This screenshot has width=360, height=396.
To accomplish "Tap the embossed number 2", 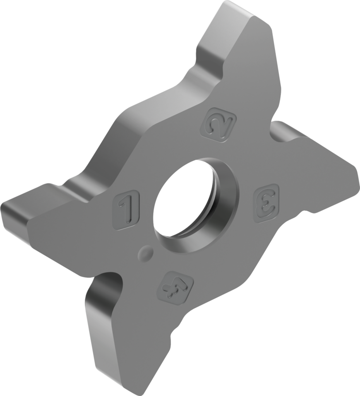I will click(220, 125).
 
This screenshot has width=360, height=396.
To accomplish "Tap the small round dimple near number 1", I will click(146, 253).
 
